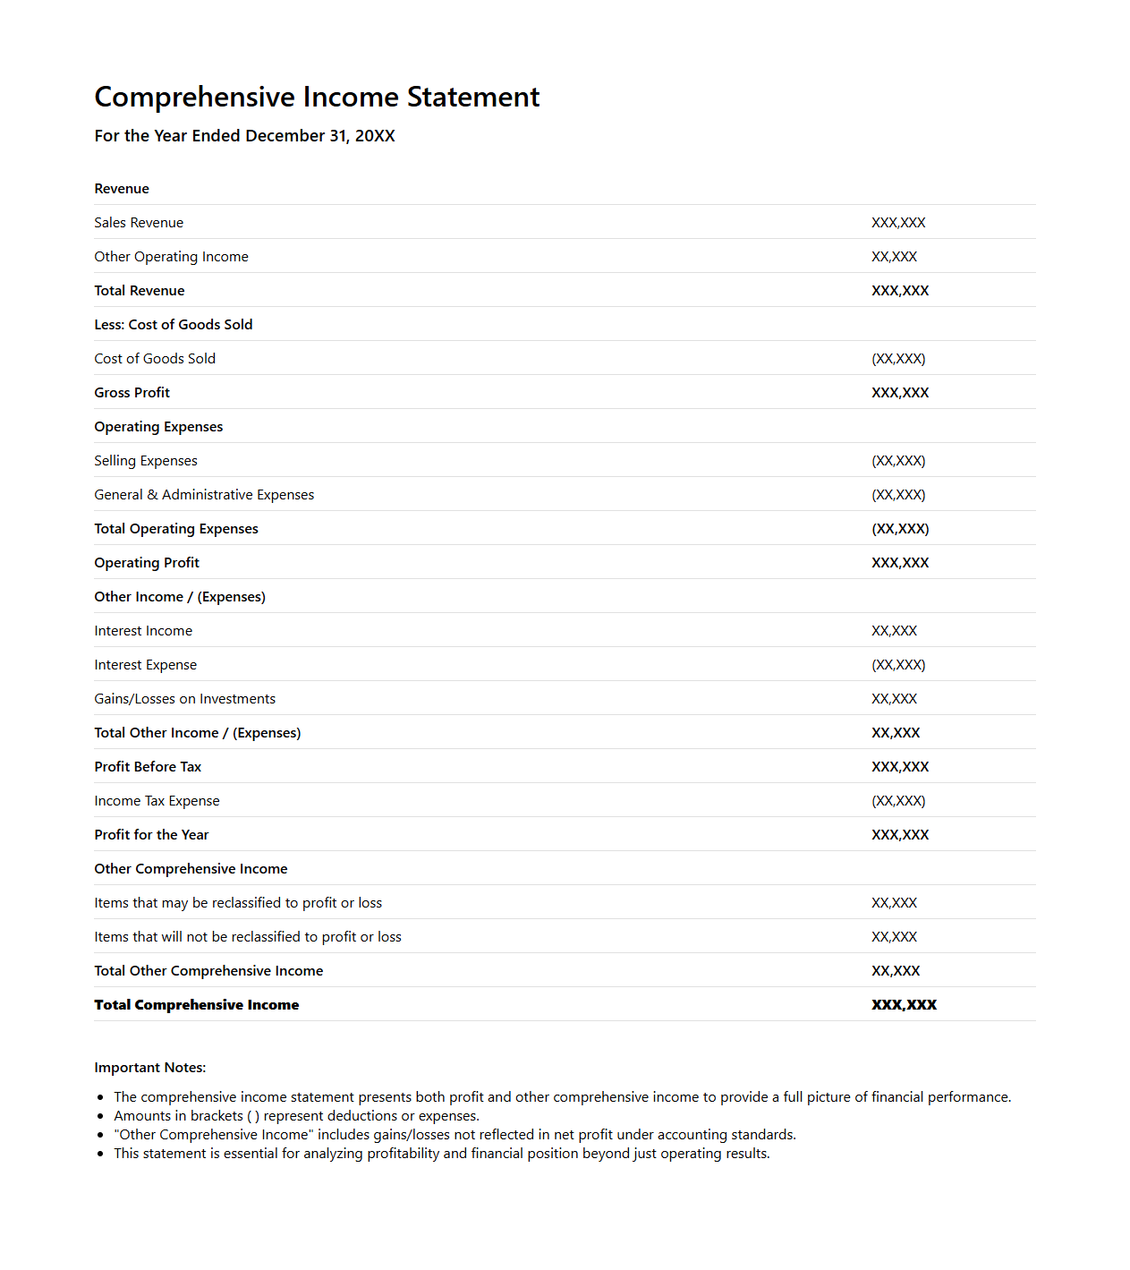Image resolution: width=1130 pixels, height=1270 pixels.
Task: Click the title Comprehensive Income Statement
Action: (317, 97)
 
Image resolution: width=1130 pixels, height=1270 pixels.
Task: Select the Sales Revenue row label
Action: (139, 223)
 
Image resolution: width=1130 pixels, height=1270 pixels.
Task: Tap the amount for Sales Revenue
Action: (898, 223)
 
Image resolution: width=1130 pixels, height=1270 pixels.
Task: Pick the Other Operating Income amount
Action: (894, 257)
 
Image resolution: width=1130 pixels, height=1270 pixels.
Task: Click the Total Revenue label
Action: (140, 291)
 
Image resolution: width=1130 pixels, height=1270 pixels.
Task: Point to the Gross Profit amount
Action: (900, 393)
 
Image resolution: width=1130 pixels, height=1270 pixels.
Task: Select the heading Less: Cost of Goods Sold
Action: (174, 325)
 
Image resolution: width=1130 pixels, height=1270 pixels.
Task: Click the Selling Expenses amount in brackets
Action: (898, 461)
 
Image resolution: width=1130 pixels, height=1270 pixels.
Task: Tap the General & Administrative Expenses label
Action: (204, 495)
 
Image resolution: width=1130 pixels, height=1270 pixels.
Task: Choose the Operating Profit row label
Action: (147, 563)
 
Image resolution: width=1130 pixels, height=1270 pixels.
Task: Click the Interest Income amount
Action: (894, 631)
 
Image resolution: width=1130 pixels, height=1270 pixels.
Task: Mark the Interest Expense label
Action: (146, 665)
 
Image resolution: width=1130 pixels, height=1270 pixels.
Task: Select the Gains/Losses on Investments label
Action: (185, 699)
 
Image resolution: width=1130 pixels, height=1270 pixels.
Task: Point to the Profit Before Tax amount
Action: (900, 767)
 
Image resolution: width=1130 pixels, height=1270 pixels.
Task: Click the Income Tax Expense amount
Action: (898, 801)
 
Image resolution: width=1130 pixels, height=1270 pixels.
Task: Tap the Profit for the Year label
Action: (151, 835)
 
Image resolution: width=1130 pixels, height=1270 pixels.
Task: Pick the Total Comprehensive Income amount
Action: (904, 1005)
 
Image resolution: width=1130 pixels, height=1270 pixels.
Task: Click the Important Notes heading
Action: (150, 1068)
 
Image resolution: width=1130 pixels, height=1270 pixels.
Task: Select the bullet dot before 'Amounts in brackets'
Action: (100, 1116)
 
